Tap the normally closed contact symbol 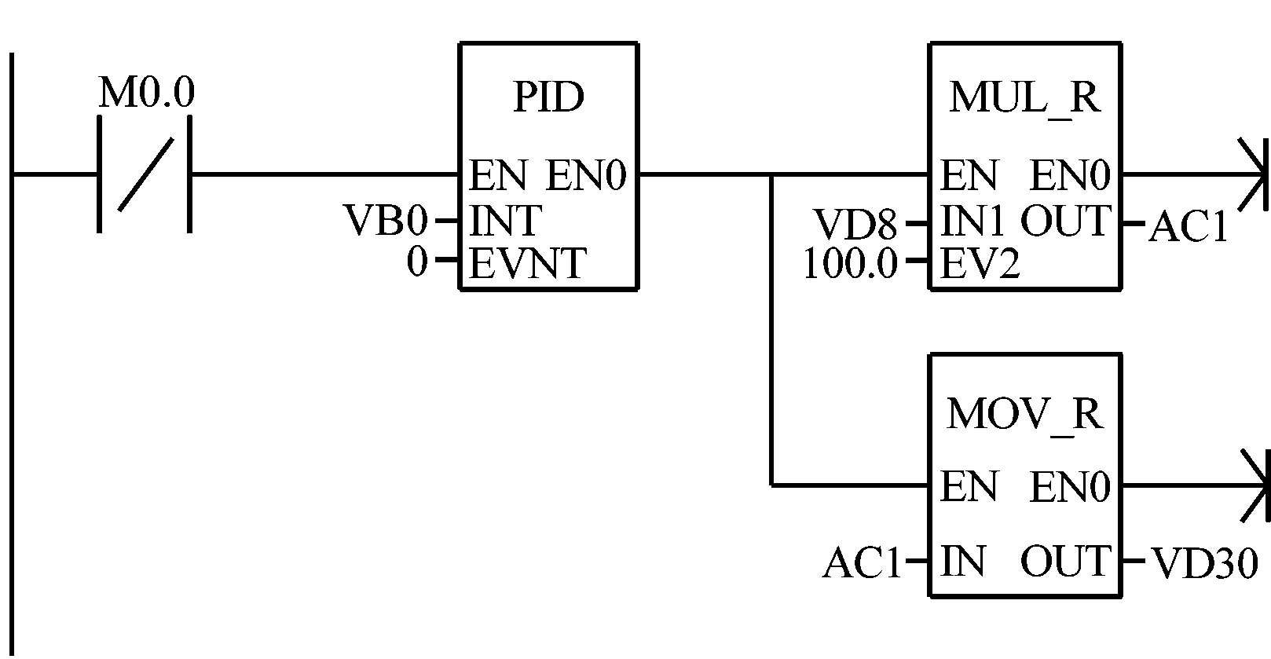[x=145, y=174]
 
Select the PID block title [x=548, y=97]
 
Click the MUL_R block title [x=1024, y=97]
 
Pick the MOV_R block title [x=1024, y=413]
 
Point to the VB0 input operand [x=386, y=221]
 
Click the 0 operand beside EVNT [x=417, y=262]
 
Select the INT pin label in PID [x=505, y=221]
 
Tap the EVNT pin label [x=527, y=263]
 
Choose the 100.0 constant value [x=849, y=265]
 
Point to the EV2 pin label [x=980, y=265]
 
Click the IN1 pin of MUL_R [x=972, y=222]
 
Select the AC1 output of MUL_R [x=1188, y=228]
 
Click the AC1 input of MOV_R [x=862, y=563]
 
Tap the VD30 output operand [x=1204, y=563]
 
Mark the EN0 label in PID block [x=586, y=175]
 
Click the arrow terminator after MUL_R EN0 [x=1254, y=174]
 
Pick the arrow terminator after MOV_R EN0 [x=1254, y=486]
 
